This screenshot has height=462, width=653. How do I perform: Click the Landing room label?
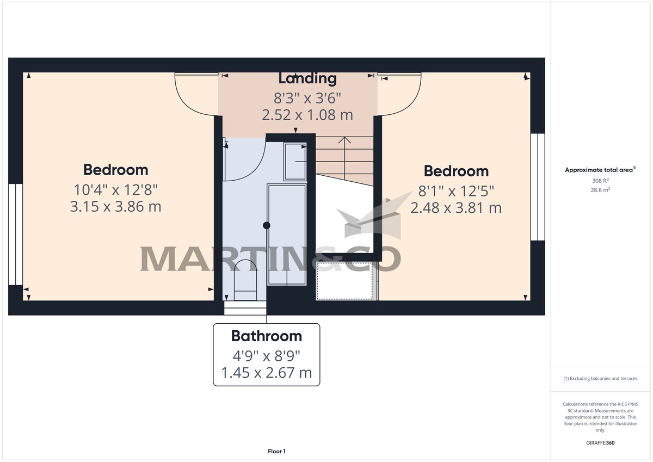pyautogui.click(x=307, y=78)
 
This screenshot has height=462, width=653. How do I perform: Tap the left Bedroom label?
pyautogui.click(x=115, y=170)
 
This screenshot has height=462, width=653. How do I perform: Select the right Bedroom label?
pyautogui.click(x=456, y=171)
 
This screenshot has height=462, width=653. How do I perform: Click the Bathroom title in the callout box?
pyautogui.click(x=267, y=336)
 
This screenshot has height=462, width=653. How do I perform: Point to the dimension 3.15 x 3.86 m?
pyautogui.click(x=116, y=207)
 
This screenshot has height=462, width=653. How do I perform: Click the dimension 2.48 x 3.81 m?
pyautogui.click(x=456, y=208)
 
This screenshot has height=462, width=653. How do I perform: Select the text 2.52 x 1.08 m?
pyautogui.click(x=307, y=115)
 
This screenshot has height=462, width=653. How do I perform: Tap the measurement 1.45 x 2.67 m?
pyautogui.click(x=267, y=373)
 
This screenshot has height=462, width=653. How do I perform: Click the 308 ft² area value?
pyautogui.click(x=601, y=181)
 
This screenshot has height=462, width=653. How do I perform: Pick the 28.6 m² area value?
pyautogui.click(x=601, y=190)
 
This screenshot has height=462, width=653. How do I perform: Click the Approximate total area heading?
pyautogui.click(x=600, y=170)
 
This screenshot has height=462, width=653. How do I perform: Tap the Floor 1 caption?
pyautogui.click(x=276, y=451)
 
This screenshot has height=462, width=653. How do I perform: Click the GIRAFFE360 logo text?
pyautogui.click(x=601, y=443)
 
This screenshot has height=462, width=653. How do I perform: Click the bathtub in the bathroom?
pyautogui.click(x=287, y=234)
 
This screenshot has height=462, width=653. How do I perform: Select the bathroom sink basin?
pyautogui.click(x=295, y=161)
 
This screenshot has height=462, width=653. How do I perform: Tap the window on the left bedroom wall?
pyautogui.click(x=15, y=234)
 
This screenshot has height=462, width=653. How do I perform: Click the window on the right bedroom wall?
pyautogui.click(x=538, y=186)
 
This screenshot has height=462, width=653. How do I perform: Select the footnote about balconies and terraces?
pyautogui.click(x=601, y=378)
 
